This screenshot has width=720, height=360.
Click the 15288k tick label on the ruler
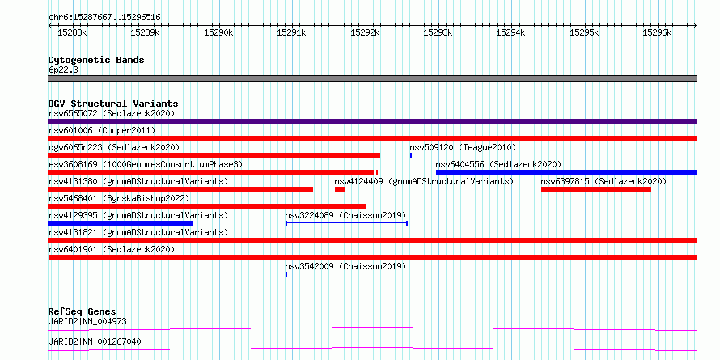72,32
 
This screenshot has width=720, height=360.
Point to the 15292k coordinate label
365,32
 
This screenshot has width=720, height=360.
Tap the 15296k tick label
657,32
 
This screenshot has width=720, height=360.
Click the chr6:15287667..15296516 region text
104,18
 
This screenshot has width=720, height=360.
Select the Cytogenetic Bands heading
96,60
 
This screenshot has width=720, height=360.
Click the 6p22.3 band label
63,70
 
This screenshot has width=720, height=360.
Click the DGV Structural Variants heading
113,104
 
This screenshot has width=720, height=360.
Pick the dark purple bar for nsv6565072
372,121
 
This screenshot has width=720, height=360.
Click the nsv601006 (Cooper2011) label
102,131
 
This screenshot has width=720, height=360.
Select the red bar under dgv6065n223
214,155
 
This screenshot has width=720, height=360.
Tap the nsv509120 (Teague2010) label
463,147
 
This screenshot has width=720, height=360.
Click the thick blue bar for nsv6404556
566,172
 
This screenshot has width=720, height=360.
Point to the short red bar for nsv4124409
340,189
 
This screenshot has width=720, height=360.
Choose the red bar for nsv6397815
596,189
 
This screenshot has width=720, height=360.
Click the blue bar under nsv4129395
121,223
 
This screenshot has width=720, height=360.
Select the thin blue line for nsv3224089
347,223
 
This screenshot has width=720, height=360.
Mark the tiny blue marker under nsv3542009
286,274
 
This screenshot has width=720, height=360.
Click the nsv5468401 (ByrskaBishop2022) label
119,198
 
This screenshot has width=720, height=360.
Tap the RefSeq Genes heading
83,311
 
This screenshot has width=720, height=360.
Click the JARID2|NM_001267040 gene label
95,341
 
